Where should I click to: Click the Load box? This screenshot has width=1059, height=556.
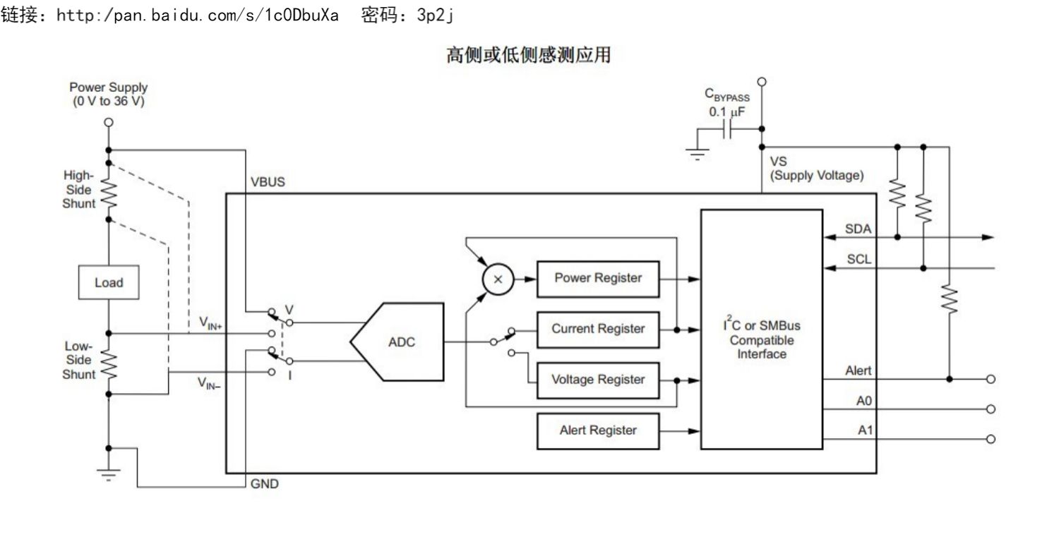(109, 282)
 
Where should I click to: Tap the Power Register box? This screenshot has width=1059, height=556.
(598, 279)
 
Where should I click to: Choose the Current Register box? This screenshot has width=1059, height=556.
(598, 330)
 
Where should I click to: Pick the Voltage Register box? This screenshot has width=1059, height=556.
(598, 380)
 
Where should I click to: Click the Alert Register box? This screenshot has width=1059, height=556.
(598, 431)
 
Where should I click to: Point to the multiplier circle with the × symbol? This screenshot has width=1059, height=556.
(498, 279)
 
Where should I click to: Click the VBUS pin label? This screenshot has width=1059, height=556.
(268, 182)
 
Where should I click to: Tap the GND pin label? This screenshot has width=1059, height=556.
(264, 484)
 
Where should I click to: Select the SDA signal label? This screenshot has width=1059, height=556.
(858, 229)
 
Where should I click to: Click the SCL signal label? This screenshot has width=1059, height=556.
(858, 260)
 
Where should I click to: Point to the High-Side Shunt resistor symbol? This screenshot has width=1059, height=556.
(109, 193)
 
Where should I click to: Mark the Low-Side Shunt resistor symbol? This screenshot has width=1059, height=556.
(109, 365)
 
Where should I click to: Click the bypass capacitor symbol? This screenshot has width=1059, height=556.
(727, 129)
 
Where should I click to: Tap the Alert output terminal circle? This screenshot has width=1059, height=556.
(991, 379)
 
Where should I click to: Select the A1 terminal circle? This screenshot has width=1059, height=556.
(991, 439)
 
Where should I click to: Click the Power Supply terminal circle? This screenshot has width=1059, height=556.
(109, 122)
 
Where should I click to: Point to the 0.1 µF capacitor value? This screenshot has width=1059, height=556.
(726, 112)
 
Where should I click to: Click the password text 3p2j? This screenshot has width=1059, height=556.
(435, 15)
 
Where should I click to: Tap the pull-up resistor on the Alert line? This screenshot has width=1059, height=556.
(950, 299)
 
